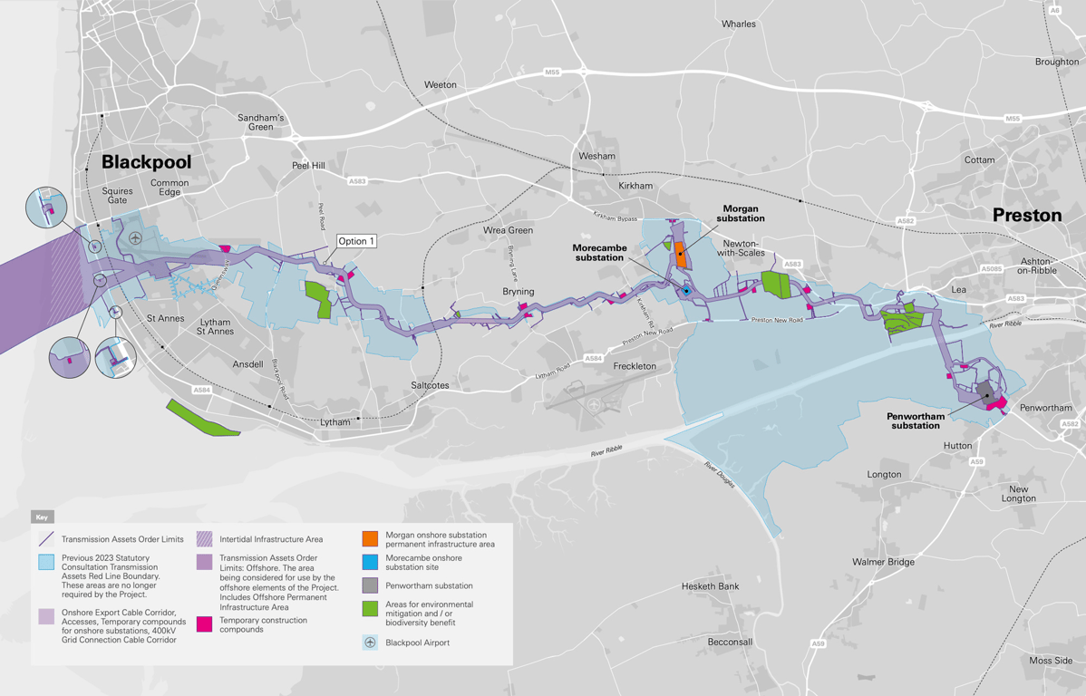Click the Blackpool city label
click(146, 162)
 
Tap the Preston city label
click(1026, 216)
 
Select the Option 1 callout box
click(356, 241)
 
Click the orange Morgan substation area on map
click(680, 251)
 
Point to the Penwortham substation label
click(916, 420)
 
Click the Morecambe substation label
click(598, 252)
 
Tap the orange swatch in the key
click(370, 539)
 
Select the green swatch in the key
click(370, 609)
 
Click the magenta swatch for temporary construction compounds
click(205, 624)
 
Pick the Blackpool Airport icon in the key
click(370, 643)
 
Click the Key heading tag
click(42, 517)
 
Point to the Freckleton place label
click(635, 366)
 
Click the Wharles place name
click(738, 24)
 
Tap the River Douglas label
click(722, 478)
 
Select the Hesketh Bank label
click(710, 586)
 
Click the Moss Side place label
click(1051, 661)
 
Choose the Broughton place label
click(1056, 63)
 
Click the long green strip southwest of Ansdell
click(203, 418)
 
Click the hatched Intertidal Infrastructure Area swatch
click(205, 539)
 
